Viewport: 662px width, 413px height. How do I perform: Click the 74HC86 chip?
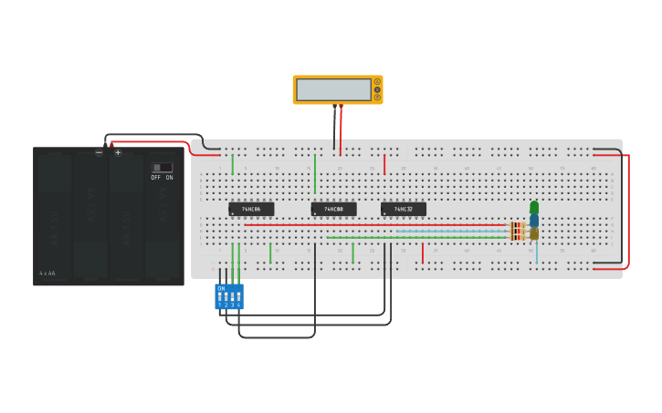251,209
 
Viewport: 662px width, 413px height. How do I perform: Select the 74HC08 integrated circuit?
333,209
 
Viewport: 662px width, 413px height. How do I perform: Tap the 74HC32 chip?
404,209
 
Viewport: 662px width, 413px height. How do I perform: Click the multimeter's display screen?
333,89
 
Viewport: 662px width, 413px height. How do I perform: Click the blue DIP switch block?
229,296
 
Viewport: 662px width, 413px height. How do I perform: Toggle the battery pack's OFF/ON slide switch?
162,168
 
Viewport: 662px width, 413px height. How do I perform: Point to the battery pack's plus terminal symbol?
118,152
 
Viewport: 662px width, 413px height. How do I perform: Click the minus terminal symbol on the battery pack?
99,152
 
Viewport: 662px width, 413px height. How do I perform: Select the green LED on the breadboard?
534,207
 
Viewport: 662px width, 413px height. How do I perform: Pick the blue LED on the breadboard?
534,220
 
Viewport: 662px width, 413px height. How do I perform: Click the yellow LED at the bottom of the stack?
534,233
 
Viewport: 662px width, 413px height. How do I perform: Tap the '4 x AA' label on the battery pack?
47,273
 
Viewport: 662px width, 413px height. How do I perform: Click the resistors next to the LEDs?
517,232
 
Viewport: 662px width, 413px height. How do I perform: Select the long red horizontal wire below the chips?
374,225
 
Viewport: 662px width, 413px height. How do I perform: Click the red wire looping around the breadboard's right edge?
628,210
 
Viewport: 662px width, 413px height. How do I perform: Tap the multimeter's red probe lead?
342,128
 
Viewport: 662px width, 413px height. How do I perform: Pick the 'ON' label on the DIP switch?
221,288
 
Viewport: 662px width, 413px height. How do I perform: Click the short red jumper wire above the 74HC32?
384,164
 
